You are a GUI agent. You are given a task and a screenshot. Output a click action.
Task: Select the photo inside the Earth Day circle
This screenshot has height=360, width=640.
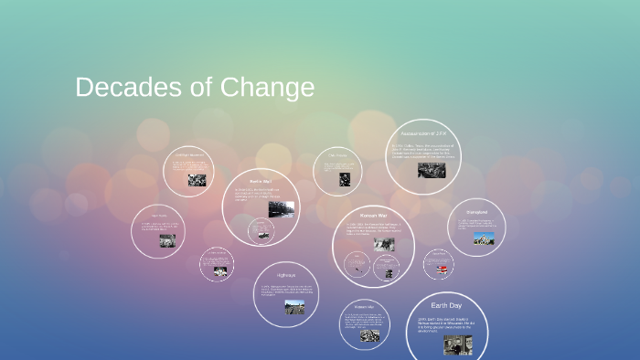pyautogui.click(x=458, y=344)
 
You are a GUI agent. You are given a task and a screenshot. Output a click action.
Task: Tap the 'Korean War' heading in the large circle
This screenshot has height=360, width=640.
pyautogui.click(x=374, y=215)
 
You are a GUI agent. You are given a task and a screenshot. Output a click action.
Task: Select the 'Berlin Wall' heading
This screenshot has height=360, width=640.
pyautogui.click(x=261, y=182)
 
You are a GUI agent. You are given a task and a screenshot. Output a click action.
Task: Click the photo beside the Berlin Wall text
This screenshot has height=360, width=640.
pyautogui.click(x=281, y=209)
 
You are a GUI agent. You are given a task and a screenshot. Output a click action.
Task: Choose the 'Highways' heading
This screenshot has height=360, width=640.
pyautogui.click(x=286, y=274)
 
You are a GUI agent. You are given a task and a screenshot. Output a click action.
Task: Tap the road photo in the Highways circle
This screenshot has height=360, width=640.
pyautogui.click(x=293, y=307)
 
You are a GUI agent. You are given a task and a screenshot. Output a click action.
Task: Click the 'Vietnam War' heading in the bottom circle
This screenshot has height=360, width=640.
pyautogui.click(x=366, y=306)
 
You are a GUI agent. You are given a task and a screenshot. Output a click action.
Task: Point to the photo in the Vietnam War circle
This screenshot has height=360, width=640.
pyautogui.click(x=369, y=335)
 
